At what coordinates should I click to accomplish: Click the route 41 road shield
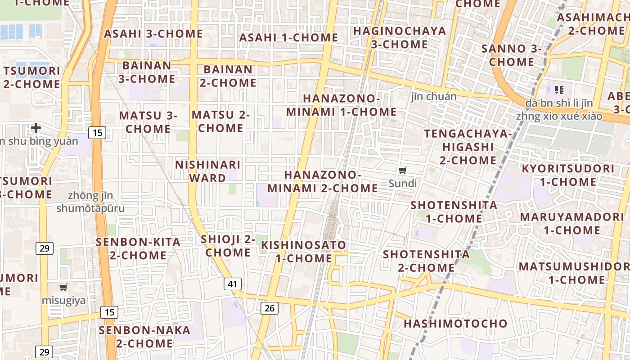coord(232,284)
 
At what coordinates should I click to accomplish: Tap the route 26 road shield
coord(270,308)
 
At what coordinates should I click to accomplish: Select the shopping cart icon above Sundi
coord(403,170)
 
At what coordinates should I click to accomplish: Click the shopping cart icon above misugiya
coord(63,287)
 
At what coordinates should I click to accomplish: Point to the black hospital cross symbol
coord(36,128)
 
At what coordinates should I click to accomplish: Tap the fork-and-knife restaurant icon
coord(559,90)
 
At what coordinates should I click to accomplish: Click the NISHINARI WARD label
coord(208,171)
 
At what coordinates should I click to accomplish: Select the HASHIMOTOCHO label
coord(455,324)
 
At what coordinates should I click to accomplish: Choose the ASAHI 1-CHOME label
coord(288,38)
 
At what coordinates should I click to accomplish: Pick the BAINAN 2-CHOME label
coord(228,76)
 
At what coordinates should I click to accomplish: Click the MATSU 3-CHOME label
coord(148,122)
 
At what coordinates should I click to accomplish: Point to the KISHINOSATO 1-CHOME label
coord(304,252)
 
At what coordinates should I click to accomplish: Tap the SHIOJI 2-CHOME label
coord(228,245)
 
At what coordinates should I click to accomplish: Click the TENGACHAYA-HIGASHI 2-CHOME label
coord(468,147)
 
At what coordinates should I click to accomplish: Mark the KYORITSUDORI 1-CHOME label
coord(568,175)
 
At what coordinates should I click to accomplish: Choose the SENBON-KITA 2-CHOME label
coord(138,248)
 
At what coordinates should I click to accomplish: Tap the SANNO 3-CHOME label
coord(512,55)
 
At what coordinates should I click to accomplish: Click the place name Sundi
coord(403,184)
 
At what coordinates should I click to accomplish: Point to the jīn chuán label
coord(434,96)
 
